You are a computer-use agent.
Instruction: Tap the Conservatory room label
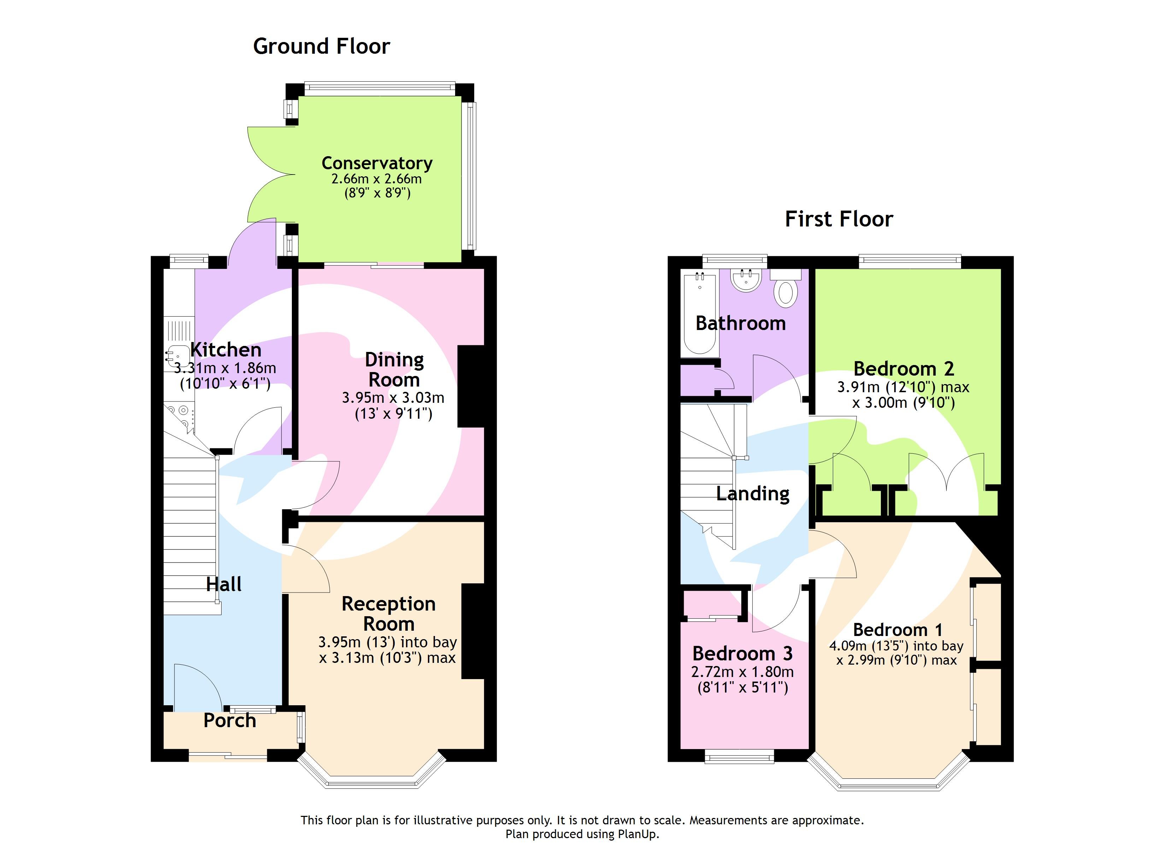point(377,163)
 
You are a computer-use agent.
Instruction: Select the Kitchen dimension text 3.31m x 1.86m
point(225,368)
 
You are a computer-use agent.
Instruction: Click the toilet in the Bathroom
point(785,292)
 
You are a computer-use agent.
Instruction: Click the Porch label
point(230,720)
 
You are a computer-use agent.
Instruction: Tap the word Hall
point(224,584)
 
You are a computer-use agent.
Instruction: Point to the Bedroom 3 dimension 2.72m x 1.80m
point(742,672)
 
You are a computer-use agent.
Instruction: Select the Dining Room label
point(394,369)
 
